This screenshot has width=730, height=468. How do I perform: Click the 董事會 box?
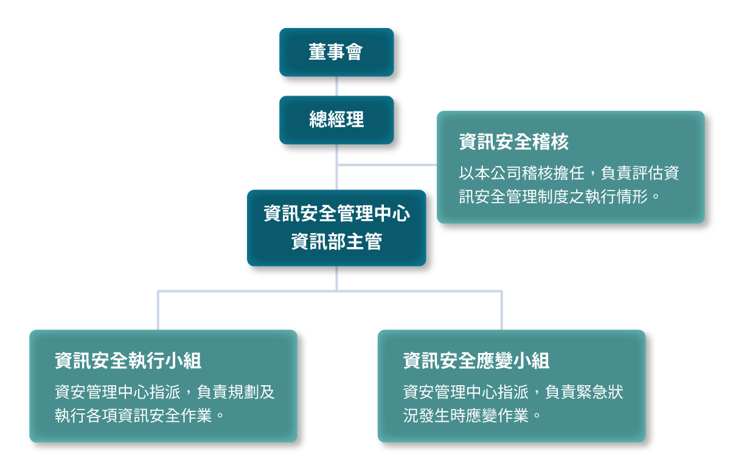coord(336,52)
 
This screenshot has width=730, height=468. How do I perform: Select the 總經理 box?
coord(336,120)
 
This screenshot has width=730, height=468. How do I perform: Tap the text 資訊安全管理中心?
coord(336,214)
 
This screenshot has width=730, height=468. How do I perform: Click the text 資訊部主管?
coord(336,242)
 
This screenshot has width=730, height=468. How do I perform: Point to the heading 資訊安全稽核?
coord(513,142)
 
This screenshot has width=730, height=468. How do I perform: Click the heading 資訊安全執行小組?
coord(128,361)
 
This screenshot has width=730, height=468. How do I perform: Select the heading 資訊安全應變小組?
coord(476,361)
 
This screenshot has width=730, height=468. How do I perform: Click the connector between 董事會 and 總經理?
coord(336,86)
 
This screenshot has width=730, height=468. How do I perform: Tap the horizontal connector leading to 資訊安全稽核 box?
coord(387,164)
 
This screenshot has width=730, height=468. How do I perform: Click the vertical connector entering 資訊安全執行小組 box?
coord(158,310)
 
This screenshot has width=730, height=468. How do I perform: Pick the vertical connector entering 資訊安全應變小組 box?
coord(502,310)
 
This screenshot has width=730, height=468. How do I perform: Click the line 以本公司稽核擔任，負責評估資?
coord(569,173)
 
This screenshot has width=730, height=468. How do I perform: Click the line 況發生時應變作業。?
coord(472,416)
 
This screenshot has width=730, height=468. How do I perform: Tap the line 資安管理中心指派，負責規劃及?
coord(165,392)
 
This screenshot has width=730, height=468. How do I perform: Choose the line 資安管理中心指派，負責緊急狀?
coord(513,392)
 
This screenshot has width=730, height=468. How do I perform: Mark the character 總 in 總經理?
coord(318,120)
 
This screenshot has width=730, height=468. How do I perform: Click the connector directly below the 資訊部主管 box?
coord(336,278)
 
